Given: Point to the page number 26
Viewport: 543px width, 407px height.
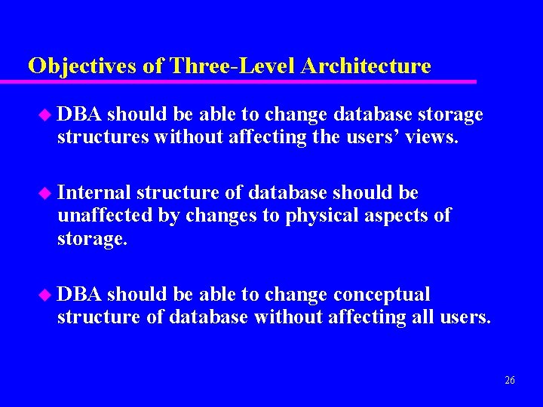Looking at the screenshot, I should pyautogui.click(x=510, y=381).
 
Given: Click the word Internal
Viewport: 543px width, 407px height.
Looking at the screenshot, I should pyautogui.click(x=94, y=193).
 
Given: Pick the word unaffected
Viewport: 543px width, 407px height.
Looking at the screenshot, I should pyautogui.click(x=106, y=216).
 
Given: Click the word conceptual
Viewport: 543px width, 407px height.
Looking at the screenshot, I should pyautogui.click(x=382, y=295).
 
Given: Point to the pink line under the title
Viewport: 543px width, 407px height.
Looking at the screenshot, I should pyautogui.click(x=249, y=81).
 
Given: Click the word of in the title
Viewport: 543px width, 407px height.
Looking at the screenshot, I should pyautogui.click(x=153, y=66).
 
